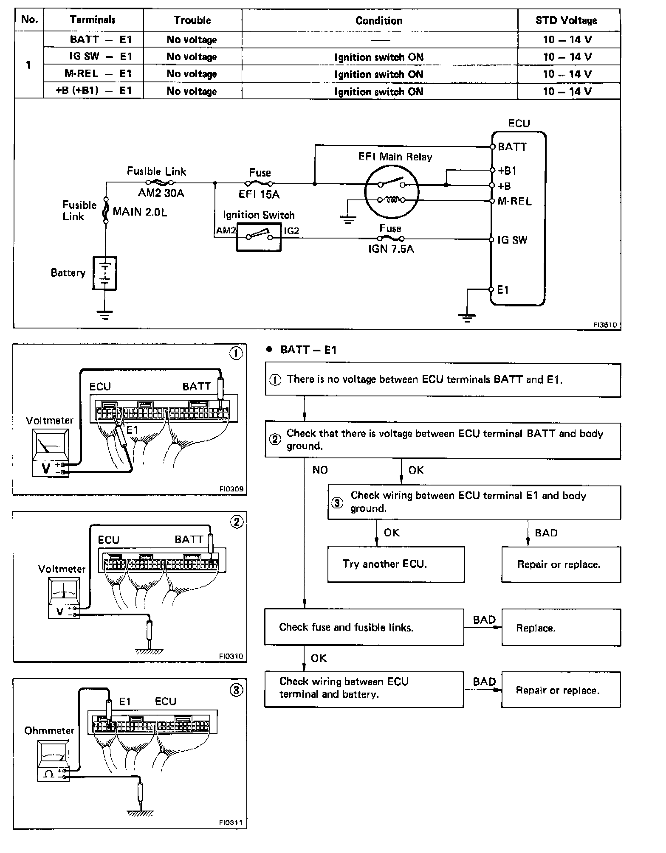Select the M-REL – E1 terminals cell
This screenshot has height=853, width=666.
coord(93,74)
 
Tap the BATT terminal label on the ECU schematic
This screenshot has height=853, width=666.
coord(512,147)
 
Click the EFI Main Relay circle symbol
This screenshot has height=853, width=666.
coord(392,191)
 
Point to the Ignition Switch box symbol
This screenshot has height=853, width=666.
coord(259,238)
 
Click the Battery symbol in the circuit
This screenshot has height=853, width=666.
coord(104,273)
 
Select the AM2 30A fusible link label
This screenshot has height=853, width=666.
coord(161,193)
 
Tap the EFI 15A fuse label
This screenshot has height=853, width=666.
coord(259,194)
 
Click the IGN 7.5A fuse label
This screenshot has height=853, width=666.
coord(391,249)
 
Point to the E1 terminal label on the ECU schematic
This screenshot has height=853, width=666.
coord(503,290)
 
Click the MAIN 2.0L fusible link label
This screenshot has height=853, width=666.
coord(140,212)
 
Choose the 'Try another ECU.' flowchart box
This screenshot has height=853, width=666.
coord(396,564)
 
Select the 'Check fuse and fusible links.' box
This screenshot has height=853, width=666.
coord(364,627)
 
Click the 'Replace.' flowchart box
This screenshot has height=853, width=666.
coord(561,628)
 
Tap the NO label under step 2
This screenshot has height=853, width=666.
coord(320,470)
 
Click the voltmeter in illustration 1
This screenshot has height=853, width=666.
coord(51,452)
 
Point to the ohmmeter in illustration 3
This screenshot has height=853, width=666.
coord(53,760)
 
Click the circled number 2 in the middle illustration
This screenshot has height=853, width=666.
coord(237,522)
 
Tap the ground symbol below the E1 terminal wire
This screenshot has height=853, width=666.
coord(467,317)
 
